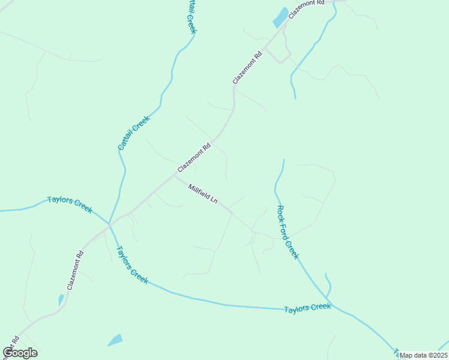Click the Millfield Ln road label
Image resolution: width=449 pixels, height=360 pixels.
[x=202, y=194]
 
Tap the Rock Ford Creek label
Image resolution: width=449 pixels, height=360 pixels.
[x=288, y=232]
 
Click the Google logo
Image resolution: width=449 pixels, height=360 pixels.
[x=20, y=353]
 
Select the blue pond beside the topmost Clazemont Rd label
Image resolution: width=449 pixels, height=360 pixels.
[x=280, y=17]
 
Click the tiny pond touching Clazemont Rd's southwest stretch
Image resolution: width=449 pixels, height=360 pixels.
[x=61, y=299]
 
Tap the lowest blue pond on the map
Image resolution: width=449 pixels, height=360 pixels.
[x=115, y=340]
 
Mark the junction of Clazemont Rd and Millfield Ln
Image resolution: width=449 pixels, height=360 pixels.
[x=174, y=176]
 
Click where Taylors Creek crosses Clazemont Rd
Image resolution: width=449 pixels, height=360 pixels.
[x=109, y=224]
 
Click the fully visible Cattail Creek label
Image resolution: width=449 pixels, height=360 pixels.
[x=133, y=133]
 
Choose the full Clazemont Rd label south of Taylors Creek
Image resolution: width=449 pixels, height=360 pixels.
[x=74, y=271]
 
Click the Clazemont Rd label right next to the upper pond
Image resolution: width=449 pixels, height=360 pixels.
[x=306, y=10]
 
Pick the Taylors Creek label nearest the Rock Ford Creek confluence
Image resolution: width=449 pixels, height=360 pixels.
[x=307, y=308]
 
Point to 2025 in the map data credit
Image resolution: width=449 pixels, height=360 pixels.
[x=438, y=355]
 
